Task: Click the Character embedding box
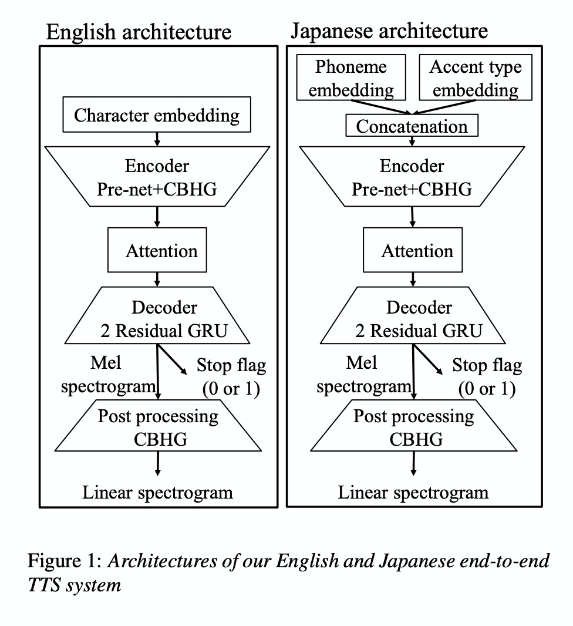(x=157, y=115)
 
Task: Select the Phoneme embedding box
(x=352, y=78)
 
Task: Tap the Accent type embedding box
(x=476, y=78)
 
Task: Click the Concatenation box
(x=412, y=126)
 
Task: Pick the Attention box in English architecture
(x=157, y=251)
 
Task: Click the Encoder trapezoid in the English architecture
(x=157, y=177)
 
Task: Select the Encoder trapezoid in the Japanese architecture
(x=412, y=177)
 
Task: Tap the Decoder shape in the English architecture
(x=157, y=318)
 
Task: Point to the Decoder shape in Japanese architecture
(x=413, y=318)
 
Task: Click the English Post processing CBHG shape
(x=157, y=427)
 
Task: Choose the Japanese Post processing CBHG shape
(x=413, y=427)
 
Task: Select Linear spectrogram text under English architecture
(x=157, y=492)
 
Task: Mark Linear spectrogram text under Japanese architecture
(x=413, y=492)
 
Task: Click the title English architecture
(x=139, y=32)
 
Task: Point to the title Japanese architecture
(x=389, y=30)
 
